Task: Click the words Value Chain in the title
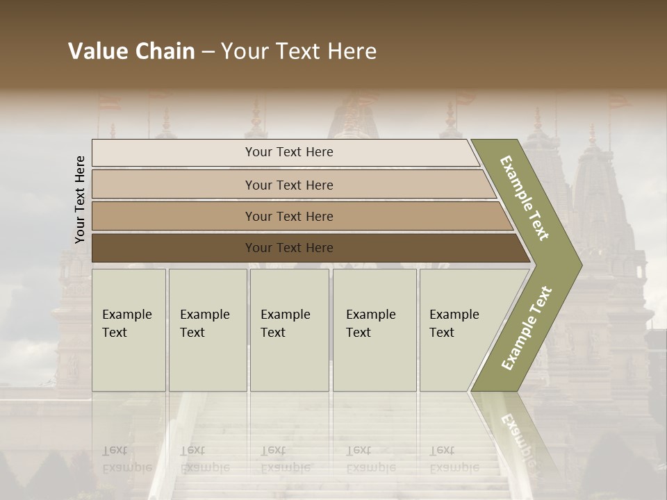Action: coord(131,51)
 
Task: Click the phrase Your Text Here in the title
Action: coord(299,51)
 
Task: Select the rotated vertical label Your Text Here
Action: coord(80,199)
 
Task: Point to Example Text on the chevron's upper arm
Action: coord(525,198)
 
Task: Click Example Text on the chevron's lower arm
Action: coord(526,328)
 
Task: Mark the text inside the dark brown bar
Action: coord(289,248)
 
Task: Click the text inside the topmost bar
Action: coord(289,152)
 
